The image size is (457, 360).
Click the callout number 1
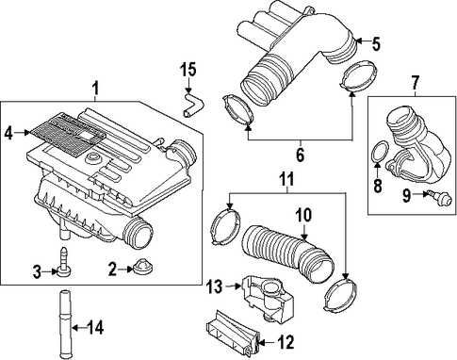click(95, 88)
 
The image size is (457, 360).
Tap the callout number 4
click(8, 134)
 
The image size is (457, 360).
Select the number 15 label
click(188, 70)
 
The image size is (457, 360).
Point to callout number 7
click(416, 82)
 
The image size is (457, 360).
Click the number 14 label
click(95, 328)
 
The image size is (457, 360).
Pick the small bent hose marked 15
click(192, 104)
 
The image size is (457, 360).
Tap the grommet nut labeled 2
click(142, 267)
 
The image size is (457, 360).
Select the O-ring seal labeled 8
click(380, 153)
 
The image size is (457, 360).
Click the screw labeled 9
click(436, 196)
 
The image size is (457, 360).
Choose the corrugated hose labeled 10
click(287, 253)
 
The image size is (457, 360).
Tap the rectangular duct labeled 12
click(233, 333)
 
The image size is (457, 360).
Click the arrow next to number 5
click(362, 41)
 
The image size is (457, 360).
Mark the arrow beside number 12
click(268, 341)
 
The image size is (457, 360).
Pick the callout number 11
click(286, 179)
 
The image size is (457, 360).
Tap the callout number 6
click(301, 155)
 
